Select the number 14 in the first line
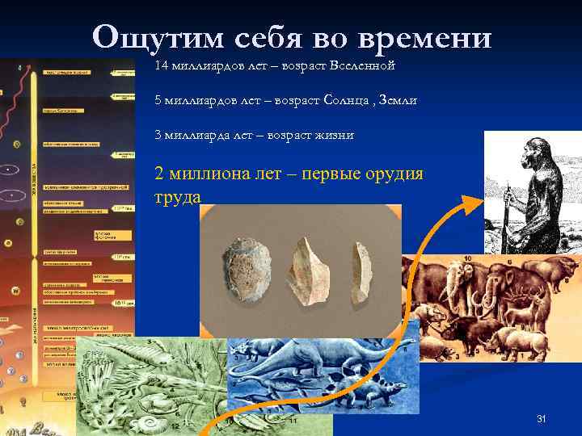click(x=161, y=64)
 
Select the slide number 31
click(x=542, y=418)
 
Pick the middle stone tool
click(x=307, y=270)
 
